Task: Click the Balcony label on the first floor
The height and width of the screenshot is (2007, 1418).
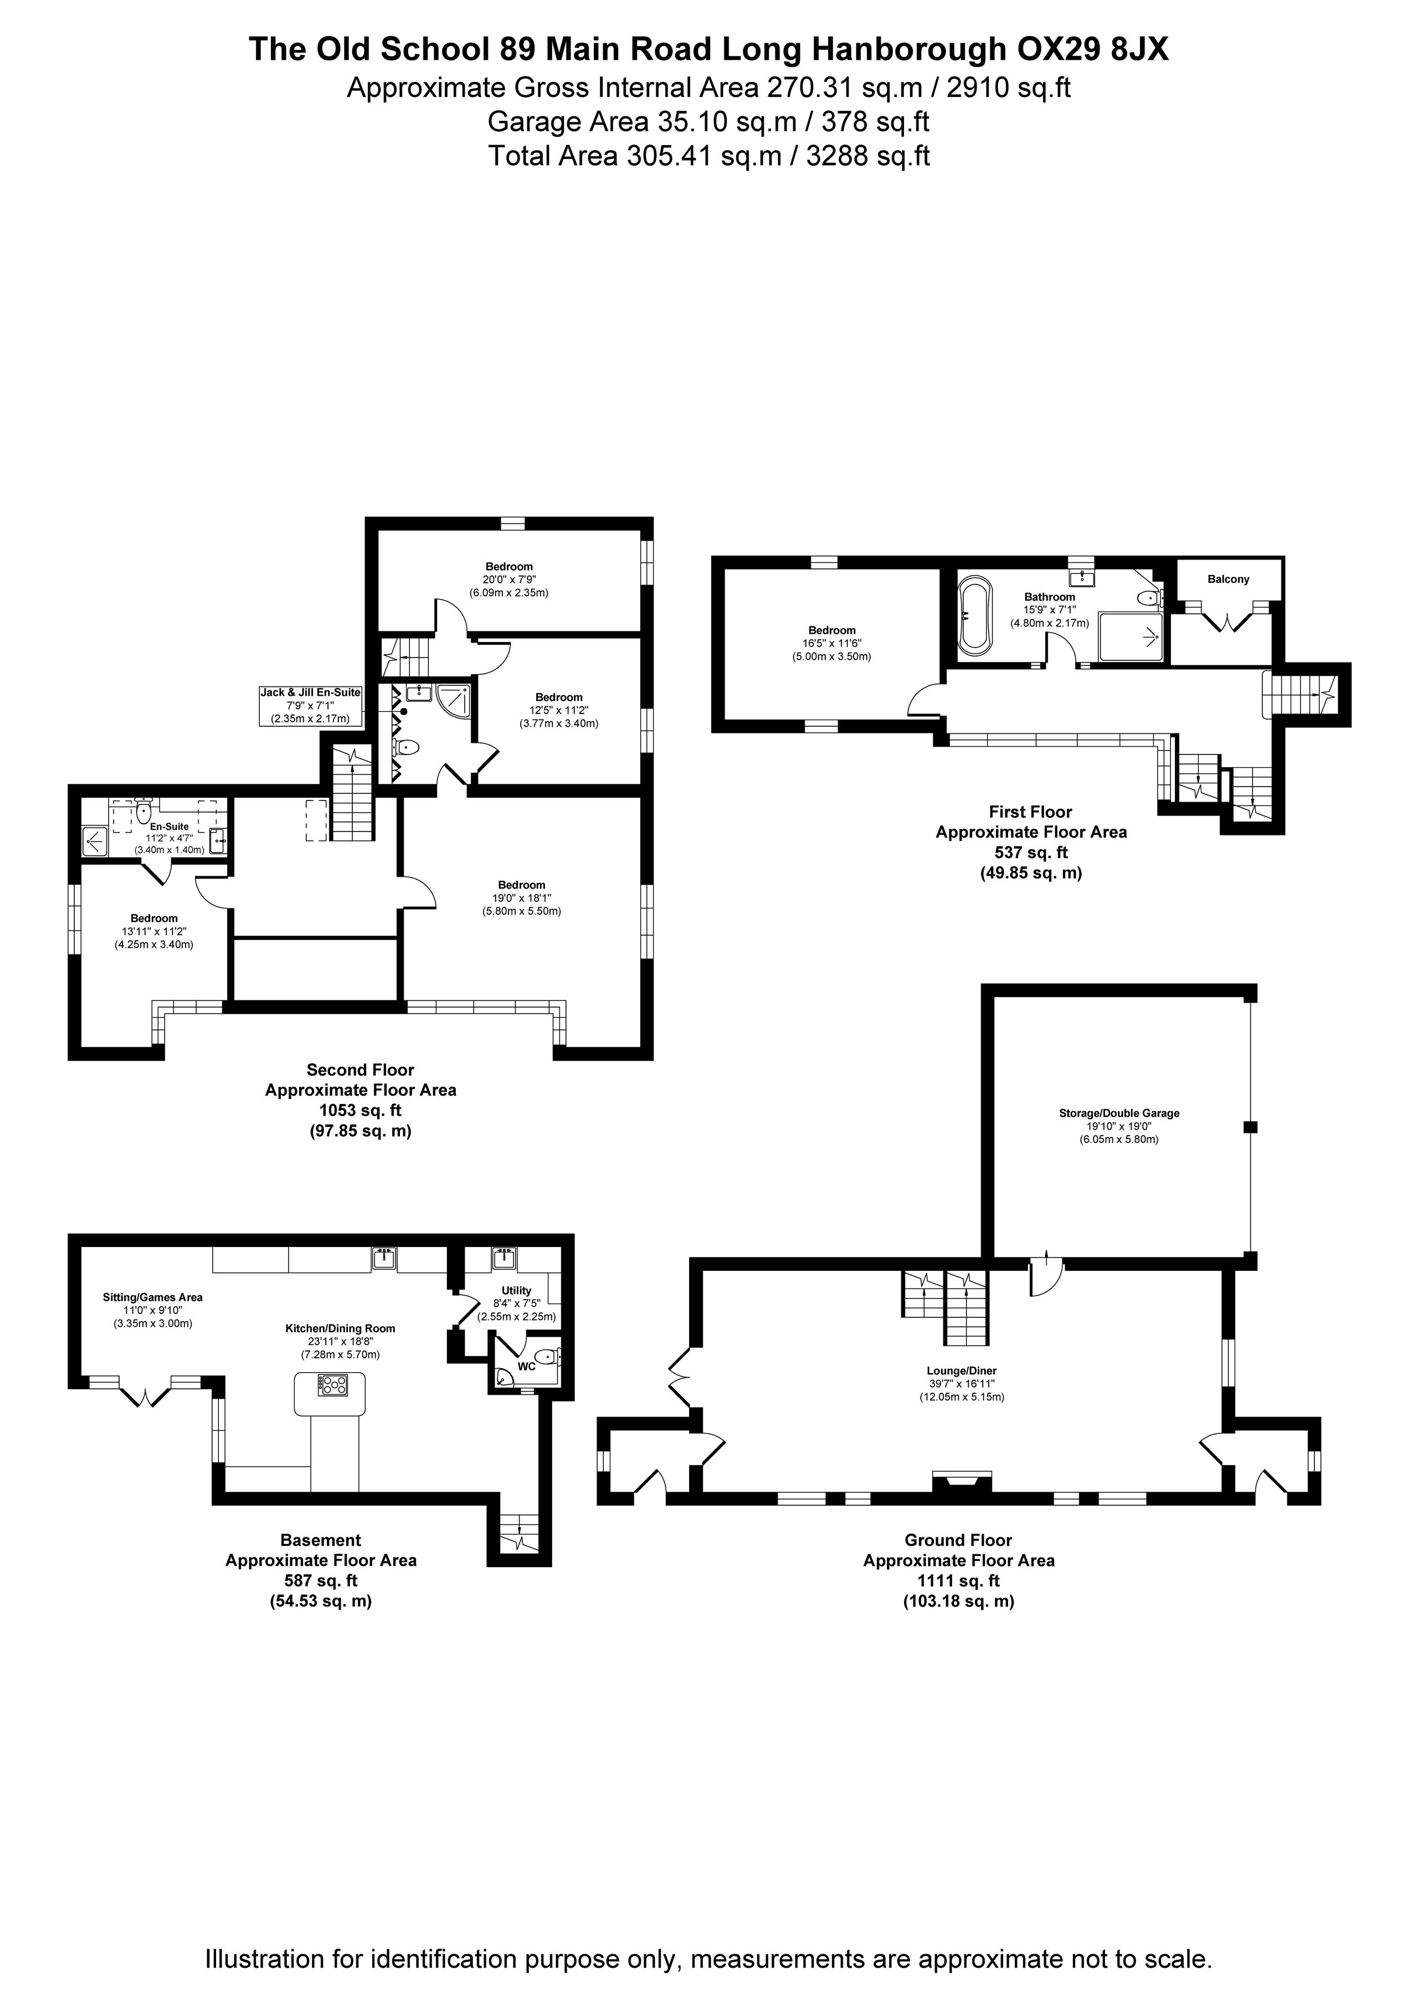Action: click(1229, 579)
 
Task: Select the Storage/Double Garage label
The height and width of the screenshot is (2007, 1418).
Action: click(1119, 1113)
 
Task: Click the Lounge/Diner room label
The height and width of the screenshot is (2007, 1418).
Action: click(962, 1370)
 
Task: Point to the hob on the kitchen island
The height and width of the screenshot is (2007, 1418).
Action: click(333, 1384)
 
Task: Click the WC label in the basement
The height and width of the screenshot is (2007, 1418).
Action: click(526, 1366)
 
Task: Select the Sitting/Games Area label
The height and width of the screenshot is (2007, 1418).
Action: click(153, 1297)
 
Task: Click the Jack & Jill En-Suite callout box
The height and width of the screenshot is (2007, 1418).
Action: click(310, 705)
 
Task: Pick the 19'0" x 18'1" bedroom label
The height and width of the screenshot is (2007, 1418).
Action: click(522, 898)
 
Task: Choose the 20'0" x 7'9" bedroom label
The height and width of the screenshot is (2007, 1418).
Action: click(509, 579)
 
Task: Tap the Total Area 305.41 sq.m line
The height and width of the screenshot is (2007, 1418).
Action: click(709, 156)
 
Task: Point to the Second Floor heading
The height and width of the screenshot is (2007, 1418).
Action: click(360, 1069)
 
